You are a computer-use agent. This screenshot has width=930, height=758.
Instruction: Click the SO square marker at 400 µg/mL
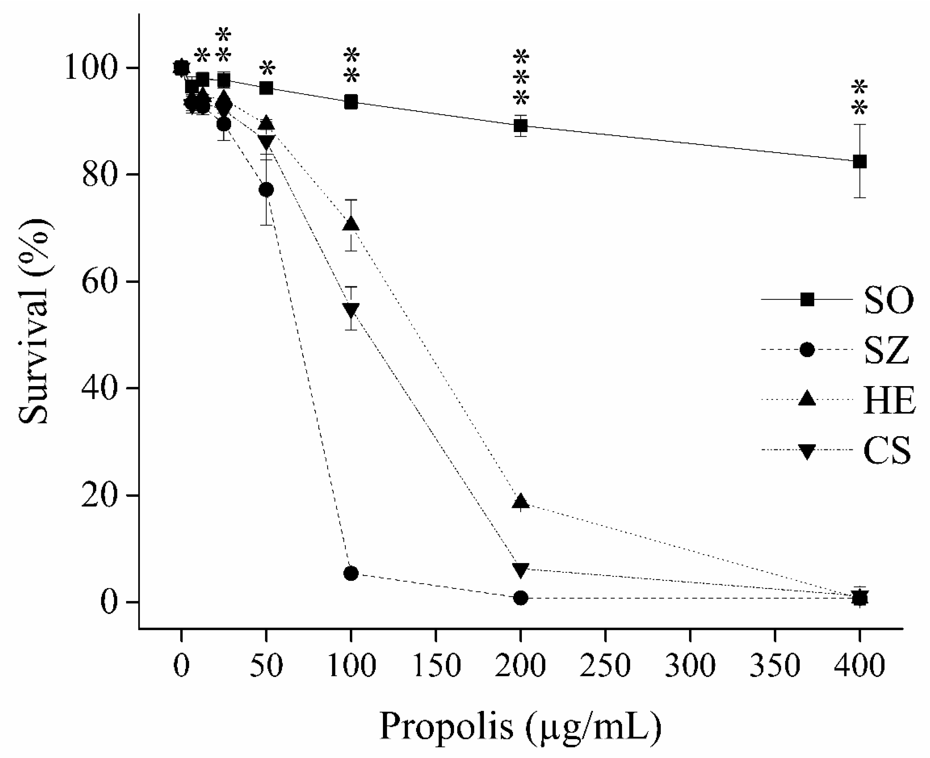(859, 161)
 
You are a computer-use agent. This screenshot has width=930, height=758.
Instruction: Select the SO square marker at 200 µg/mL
(520, 126)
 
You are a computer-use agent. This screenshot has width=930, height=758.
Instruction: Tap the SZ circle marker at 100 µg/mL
(351, 573)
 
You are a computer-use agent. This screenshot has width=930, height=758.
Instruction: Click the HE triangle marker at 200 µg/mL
(520, 502)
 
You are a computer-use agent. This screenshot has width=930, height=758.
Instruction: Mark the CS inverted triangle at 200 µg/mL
(520, 569)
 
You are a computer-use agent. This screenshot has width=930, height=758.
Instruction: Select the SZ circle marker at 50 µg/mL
(266, 190)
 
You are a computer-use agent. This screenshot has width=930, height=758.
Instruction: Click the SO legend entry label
(888, 301)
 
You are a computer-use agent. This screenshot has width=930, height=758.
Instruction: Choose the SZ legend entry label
(886, 351)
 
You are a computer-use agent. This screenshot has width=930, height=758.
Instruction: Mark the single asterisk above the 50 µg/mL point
(267, 69)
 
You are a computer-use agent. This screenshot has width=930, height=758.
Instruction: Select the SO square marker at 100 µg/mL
(351, 103)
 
